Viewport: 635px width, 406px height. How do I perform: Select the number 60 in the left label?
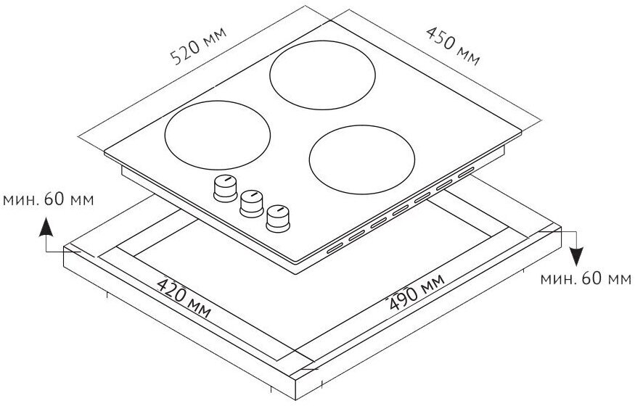[53, 200]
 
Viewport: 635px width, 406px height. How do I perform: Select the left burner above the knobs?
[218, 133]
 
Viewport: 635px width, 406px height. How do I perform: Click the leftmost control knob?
[225, 187]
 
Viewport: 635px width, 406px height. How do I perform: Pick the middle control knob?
[251, 201]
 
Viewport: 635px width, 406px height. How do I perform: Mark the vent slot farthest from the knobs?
[465, 172]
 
